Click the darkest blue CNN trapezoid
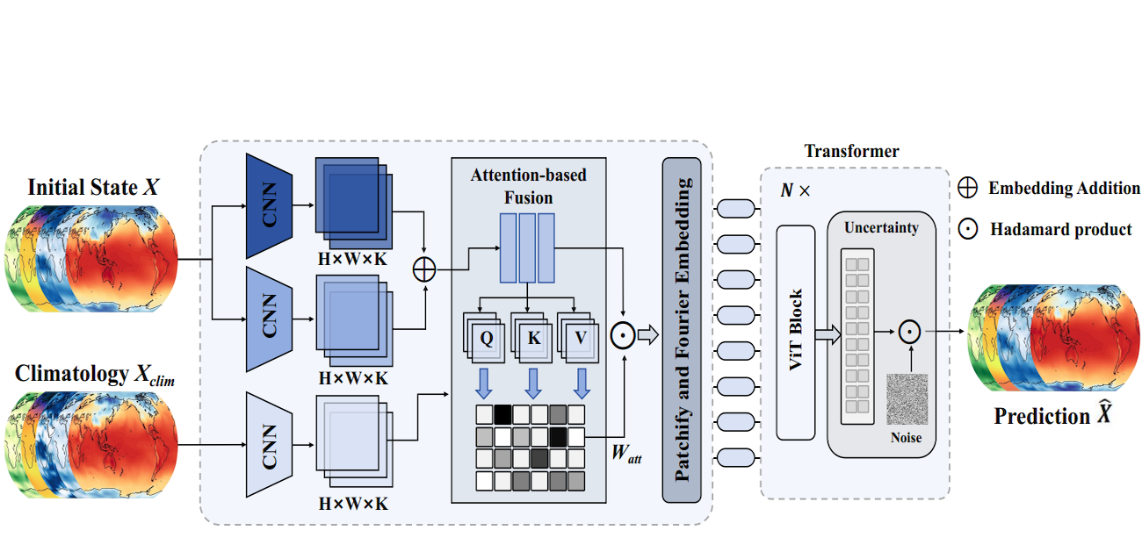coord(269,205)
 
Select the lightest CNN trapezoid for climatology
coord(269,434)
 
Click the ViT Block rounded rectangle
coord(797,332)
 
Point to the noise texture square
coord(907,400)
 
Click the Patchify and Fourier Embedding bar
coord(682,330)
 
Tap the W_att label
coord(627,454)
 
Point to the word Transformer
coord(852,151)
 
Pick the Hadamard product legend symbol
coord(968,229)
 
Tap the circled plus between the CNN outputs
coord(425,269)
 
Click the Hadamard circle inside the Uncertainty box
coord(907,332)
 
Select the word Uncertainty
coord(881,228)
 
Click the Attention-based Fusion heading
coord(528,186)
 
